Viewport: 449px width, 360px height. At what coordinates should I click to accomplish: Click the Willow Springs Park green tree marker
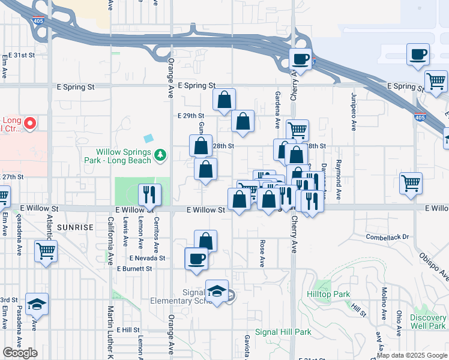coord(160,156)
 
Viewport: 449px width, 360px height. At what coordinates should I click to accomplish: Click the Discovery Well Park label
coord(429,322)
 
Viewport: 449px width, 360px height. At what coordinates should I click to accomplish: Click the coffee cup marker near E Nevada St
coord(196,259)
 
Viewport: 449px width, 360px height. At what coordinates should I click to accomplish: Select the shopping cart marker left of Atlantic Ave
coord(46,251)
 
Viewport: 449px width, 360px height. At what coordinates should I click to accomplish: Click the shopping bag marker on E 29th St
coord(243,121)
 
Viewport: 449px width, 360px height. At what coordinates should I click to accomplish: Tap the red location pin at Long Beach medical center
coord(28,124)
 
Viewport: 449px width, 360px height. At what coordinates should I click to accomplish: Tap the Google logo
coord(20,352)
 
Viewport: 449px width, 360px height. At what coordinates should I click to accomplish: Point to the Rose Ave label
coord(262,253)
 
